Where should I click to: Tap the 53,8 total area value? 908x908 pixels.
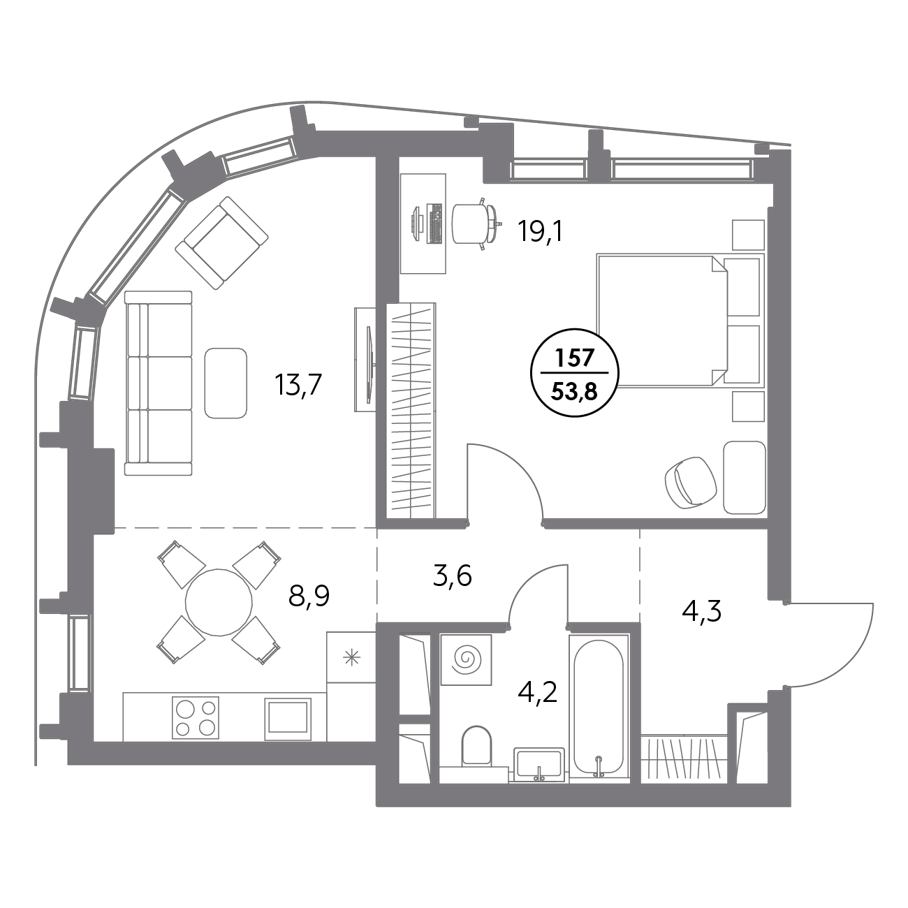(x=573, y=391)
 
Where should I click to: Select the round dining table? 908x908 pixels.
(x=219, y=601)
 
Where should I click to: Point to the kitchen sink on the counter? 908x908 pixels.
(x=287, y=717)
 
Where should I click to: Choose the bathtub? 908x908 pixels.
(x=599, y=705)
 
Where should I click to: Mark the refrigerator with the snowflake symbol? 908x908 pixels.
(x=352, y=657)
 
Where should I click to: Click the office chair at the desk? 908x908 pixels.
(x=473, y=223)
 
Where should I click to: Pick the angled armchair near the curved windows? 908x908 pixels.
(x=222, y=242)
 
